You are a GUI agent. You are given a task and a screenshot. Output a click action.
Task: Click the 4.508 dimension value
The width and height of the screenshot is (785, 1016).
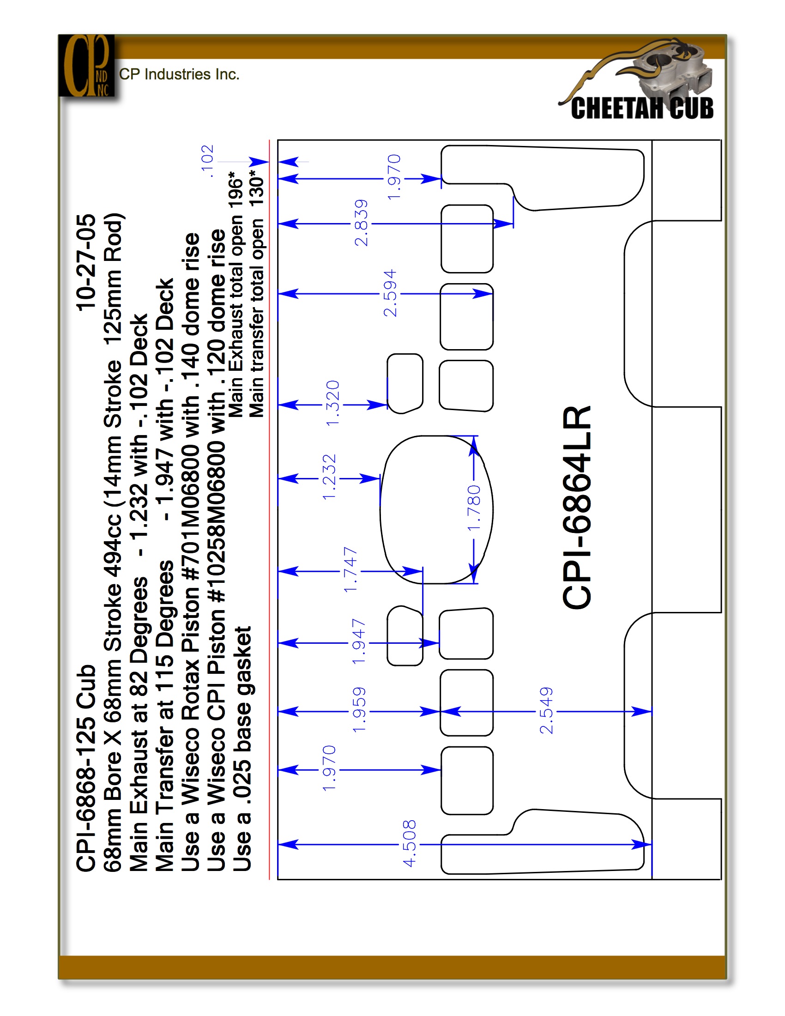tap(409, 843)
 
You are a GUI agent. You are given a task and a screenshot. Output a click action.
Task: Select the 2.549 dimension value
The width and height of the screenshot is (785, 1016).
tap(546, 710)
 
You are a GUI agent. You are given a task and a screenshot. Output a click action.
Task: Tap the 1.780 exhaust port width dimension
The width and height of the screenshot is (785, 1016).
tap(473, 508)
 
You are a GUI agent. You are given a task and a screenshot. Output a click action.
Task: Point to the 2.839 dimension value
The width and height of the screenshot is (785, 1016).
tap(361, 223)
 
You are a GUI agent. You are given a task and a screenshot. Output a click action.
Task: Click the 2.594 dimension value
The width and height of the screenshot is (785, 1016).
tap(390, 293)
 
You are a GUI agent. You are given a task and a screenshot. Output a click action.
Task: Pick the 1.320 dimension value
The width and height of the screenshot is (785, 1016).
tap(332, 403)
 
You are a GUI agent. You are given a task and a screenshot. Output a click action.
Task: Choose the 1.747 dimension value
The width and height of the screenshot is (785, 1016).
tap(350, 570)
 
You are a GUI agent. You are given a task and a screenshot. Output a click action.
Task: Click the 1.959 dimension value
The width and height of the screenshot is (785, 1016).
tap(359, 710)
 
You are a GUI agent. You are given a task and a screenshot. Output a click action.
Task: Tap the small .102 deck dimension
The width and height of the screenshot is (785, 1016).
tap(207, 161)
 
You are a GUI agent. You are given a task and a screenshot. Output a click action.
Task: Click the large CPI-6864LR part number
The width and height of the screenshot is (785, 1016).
tap(577, 507)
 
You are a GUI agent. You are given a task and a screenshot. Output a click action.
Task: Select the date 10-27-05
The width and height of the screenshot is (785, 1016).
tap(86, 263)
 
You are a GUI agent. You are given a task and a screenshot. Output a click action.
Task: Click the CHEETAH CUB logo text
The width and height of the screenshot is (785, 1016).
tap(642, 108)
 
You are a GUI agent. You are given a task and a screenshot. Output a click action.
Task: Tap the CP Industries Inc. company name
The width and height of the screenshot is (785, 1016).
tap(179, 74)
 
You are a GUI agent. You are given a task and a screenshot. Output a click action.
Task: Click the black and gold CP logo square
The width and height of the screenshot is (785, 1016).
tap(86, 66)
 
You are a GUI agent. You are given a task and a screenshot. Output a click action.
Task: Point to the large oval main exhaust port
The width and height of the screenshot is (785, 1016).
tap(436, 509)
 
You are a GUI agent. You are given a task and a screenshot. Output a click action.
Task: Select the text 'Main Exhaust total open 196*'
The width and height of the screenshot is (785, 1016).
tap(236, 294)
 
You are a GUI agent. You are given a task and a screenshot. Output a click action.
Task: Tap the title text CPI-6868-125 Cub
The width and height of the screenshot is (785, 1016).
tap(86, 768)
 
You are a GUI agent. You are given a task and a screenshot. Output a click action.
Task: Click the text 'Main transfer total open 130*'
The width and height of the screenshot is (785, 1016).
tap(256, 294)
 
